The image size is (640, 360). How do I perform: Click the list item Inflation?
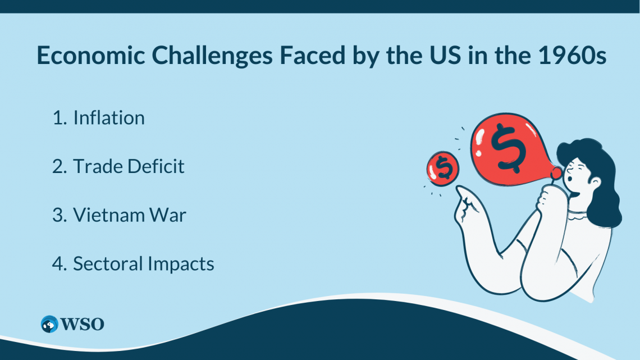(109, 118)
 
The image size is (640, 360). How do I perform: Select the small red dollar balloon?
(443, 168)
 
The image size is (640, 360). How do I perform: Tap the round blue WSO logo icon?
(50, 324)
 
